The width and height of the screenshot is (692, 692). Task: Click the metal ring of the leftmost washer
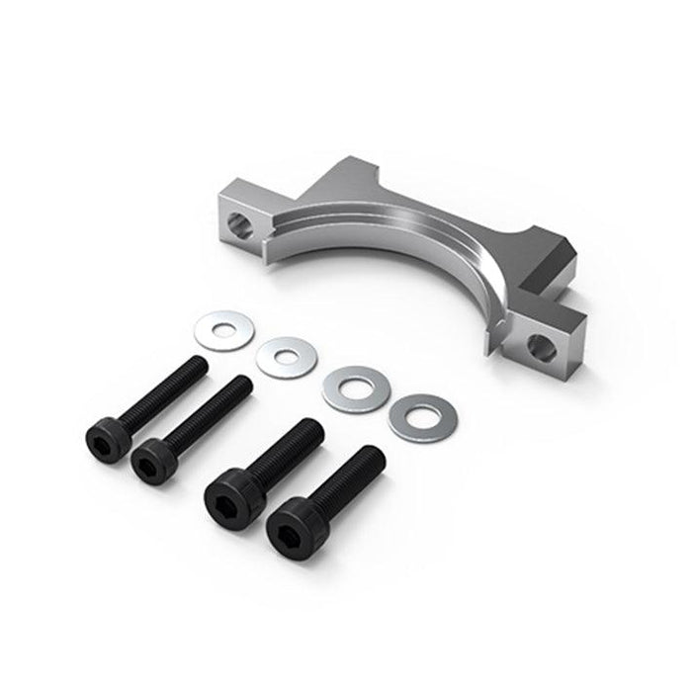coord(206,330)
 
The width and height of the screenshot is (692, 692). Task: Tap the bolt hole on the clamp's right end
coord(539,346)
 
